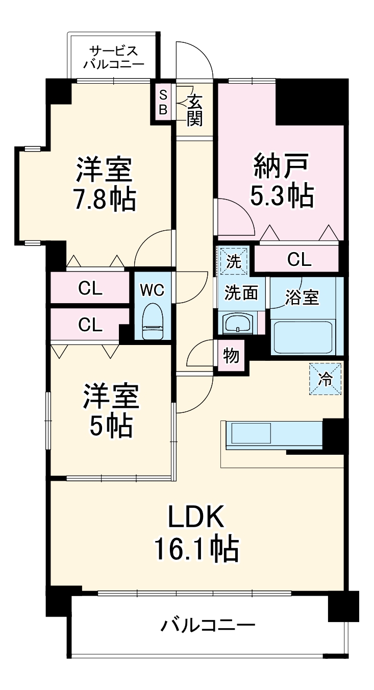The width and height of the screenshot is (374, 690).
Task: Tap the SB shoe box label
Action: [x=163, y=102]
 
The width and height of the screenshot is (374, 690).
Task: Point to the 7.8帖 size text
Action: [x=104, y=199]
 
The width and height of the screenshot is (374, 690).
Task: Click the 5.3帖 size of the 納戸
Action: [x=281, y=195]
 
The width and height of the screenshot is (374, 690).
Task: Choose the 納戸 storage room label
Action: [x=281, y=166]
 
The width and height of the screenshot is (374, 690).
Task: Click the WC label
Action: [x=152, y=290]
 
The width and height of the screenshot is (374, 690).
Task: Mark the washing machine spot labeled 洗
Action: [x=234, y=261]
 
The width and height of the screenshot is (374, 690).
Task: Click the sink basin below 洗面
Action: [x=238, y=323]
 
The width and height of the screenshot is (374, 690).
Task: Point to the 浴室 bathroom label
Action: [x=302, y=298]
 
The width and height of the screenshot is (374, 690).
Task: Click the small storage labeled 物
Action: [x=231, y=356]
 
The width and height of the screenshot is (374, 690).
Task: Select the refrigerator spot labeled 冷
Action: [x=325, y=379]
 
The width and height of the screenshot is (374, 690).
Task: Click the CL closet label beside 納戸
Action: [x=298, y=260]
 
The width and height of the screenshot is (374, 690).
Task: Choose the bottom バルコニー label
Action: [x=208, y=625]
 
